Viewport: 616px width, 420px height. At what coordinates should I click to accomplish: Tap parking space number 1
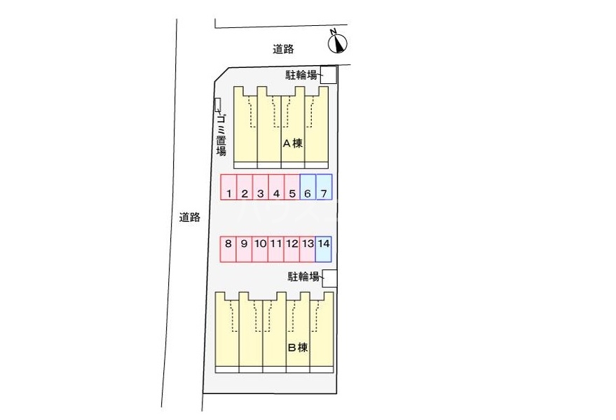pyautogui.click(x=228, y=187)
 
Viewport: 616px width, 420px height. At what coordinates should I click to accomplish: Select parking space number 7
pyautogui.click(x=324, y=187)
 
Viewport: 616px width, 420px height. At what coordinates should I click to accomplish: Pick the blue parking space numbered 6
pyautogui.click(x=308, y=187)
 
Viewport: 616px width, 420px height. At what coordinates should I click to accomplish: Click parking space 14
pyautogui.click(x=323, y=249)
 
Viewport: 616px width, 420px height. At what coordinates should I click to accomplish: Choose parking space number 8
pyautogui.click(x=228, y=249)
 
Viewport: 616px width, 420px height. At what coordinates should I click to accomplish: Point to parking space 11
pyautogui.click(x=276, y=249)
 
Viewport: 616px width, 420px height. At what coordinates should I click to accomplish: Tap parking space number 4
pyautogui.click(x=276, y=187)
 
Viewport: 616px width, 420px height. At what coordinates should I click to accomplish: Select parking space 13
pyautogui.click(x=308, y=249)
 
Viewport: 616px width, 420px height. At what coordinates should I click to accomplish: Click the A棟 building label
pyautogui.click(x=293, y=143)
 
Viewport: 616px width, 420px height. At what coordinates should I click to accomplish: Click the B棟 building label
pyautogui.click(x=298, y=347)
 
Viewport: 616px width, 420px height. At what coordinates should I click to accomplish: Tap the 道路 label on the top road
pyautogui.click(x=283, y=49)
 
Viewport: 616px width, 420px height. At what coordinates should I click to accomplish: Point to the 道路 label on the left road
pyautogui.click(x=190, y=217)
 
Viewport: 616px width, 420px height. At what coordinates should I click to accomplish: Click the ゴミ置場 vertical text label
pyautogui.click(x=221, y=134)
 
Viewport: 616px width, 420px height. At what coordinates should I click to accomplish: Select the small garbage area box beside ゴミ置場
pyautogui.click(x=218, y=104)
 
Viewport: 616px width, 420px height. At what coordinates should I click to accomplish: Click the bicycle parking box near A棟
pyautogui.click(x=329, y=75)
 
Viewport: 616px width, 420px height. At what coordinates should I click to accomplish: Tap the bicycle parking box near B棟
pyautogui.click(x=329, y=279)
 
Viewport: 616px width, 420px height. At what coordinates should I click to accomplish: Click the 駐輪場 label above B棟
pyautogui.click(x=303, y=276)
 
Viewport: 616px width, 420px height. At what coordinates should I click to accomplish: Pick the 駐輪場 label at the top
pyautogui.click(x=301, y=75)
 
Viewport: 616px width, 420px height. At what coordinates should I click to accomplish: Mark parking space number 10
pyautogui.click(x=260, y=249)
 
